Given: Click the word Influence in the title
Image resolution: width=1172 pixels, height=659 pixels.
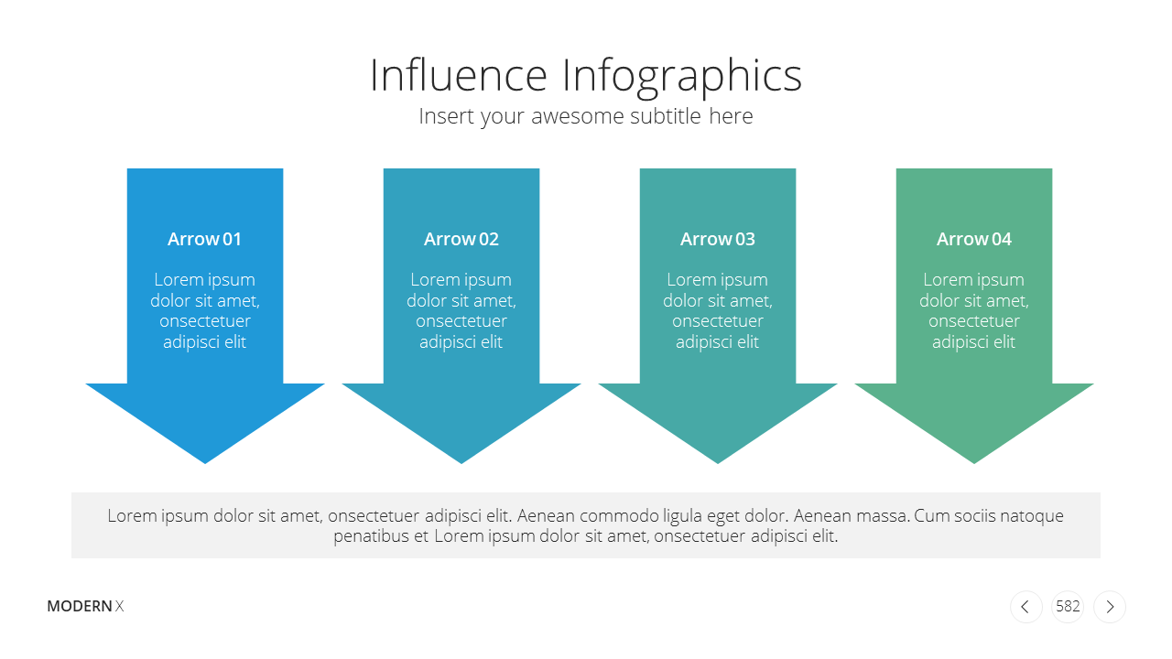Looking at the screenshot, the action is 459,75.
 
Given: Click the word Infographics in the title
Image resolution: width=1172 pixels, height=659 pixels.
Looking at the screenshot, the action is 682,79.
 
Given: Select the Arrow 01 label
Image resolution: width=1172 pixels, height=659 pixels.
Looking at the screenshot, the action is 204,239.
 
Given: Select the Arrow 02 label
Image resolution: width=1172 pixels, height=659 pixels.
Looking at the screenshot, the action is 461,239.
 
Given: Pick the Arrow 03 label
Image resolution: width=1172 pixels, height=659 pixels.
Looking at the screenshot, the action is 717,239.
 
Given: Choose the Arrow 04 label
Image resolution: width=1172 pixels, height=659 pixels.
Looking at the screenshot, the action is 973,239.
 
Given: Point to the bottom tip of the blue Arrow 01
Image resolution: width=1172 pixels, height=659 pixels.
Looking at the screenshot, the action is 205,463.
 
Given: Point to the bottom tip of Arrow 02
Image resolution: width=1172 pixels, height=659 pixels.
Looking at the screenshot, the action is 461,463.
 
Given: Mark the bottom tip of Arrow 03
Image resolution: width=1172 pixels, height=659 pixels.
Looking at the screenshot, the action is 718,463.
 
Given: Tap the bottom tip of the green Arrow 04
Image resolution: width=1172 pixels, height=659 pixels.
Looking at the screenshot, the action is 974,463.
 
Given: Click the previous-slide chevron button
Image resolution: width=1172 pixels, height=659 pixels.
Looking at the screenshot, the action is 1026,607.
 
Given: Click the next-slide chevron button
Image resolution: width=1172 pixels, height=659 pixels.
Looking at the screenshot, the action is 1110,607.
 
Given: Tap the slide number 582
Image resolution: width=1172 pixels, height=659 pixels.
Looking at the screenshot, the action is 1068,606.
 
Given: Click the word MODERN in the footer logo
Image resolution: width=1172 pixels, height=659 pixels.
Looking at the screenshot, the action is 80,606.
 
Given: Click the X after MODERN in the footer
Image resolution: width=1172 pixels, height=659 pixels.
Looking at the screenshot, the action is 119,606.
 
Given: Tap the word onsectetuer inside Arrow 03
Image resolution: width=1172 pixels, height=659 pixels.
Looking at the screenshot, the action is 717,321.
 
